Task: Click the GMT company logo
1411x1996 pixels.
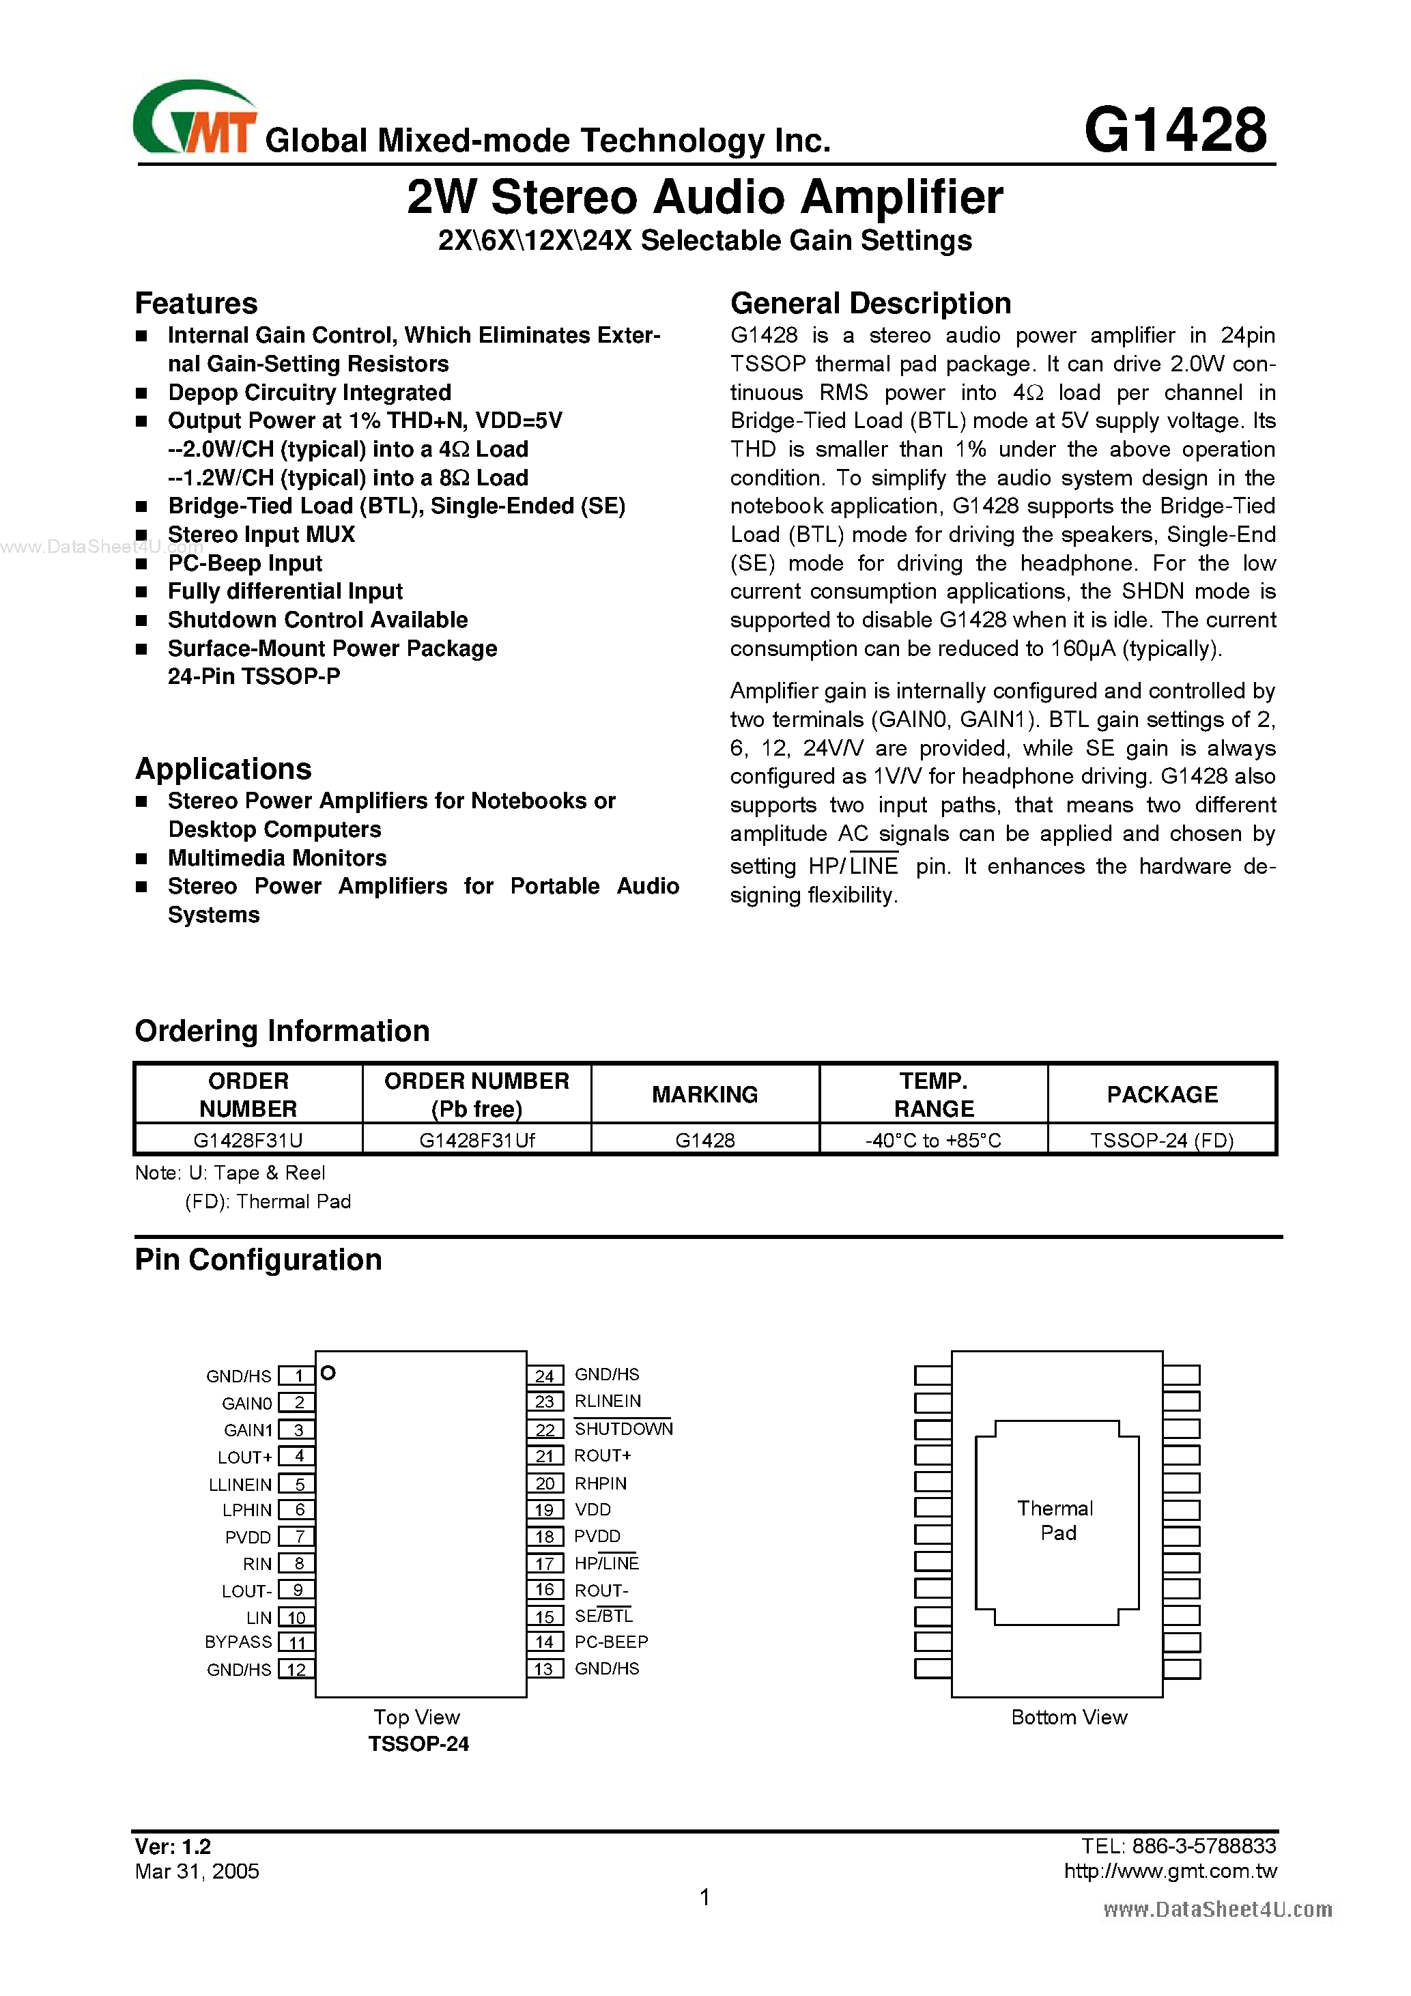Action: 195,119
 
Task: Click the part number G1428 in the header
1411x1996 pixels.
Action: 1175,130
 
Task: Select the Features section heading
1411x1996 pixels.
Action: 197,303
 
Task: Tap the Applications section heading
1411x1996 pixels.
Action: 223,769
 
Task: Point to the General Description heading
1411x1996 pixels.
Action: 870,303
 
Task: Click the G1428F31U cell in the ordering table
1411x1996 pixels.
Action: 248,1140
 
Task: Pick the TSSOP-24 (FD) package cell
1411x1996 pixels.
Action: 1161,1140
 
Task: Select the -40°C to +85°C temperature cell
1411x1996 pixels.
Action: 933,1140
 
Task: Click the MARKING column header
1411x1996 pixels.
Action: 704,1094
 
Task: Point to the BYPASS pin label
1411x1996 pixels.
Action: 238,1642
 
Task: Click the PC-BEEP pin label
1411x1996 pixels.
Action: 611,1642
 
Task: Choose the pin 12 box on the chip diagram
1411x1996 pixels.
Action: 296,1670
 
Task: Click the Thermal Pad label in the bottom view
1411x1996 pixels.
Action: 1056,1520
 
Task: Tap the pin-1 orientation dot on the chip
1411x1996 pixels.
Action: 328,1373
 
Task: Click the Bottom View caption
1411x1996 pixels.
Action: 1068,1717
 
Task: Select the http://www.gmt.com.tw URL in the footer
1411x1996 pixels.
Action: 1170,1872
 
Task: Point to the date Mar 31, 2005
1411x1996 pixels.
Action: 197,1872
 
